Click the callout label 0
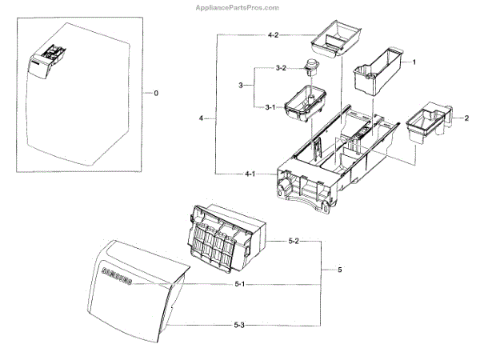click(155, 94)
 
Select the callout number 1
click(414, 62)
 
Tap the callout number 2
click(466, 118)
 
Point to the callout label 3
click(240, 86)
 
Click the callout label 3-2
click(280, 69)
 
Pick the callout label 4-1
click(250, 174)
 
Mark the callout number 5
click(339, 270)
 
